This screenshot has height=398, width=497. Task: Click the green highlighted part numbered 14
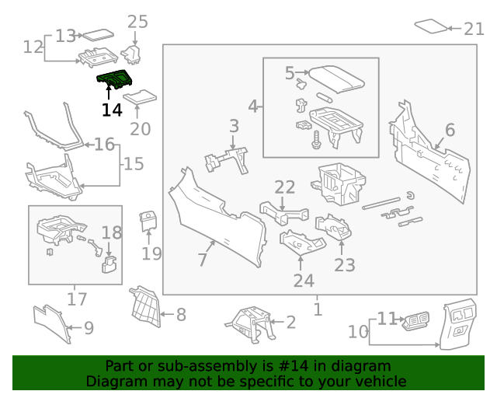113,80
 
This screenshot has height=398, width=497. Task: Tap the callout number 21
474,29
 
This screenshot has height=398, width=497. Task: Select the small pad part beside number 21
433,26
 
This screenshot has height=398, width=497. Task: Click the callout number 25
137,21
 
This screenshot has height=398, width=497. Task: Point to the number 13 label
66,36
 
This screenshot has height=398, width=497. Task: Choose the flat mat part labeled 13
98,34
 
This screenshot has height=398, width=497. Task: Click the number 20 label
140,129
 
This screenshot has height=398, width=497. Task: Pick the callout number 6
450,130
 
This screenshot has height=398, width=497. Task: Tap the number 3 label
234,125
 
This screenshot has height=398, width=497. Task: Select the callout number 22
285,187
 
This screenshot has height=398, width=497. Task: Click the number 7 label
202,260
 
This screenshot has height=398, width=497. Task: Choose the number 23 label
345,265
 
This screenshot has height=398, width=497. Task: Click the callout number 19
151,253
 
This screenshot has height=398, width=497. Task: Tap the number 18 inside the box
112,232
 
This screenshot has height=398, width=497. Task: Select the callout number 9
88,329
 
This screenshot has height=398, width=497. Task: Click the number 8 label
180,315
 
